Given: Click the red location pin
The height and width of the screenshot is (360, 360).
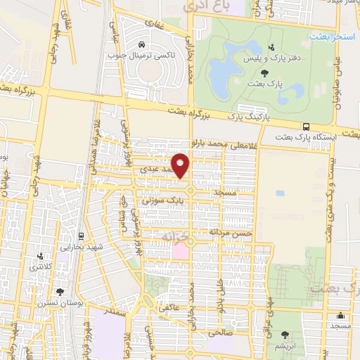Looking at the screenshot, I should tap(181, 166).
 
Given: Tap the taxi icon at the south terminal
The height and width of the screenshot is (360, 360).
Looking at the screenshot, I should tap(144, 42).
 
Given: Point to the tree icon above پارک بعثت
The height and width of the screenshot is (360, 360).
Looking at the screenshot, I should tap(264, 72).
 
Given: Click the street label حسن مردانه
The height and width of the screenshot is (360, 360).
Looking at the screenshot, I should tap(228, 231).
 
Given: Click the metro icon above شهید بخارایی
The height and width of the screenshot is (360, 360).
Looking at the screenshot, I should tap(82, 236).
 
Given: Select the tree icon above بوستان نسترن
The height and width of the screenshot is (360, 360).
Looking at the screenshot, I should tap(58, 290).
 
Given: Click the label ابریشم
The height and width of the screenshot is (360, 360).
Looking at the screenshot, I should tap(285, 347).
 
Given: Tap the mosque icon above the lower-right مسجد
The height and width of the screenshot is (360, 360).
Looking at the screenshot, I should tap(341, 315).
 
